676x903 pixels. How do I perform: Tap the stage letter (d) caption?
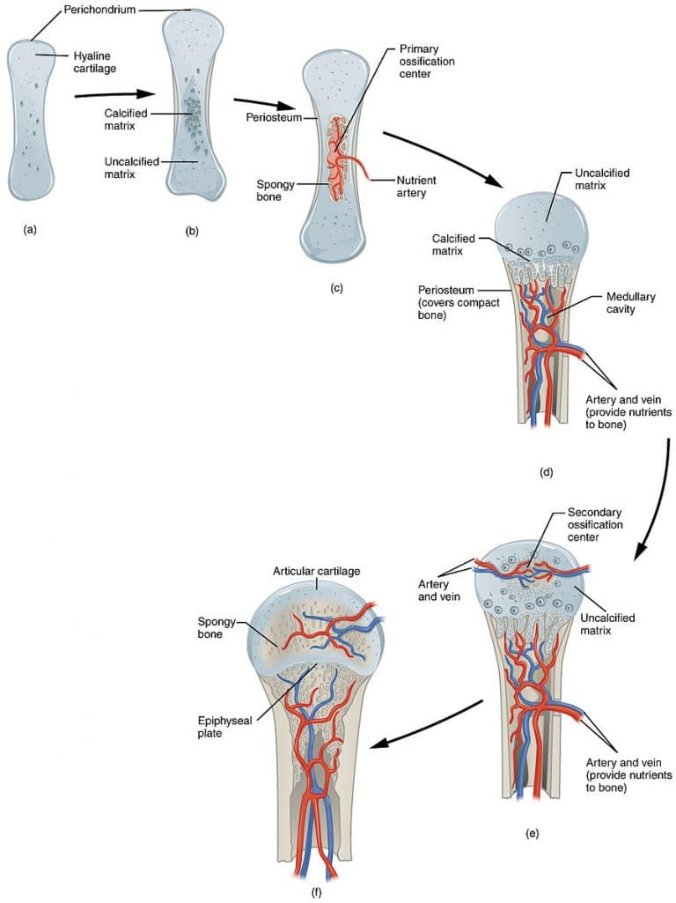tap(545, 473)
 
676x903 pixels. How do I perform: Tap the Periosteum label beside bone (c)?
tap(269, 116)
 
